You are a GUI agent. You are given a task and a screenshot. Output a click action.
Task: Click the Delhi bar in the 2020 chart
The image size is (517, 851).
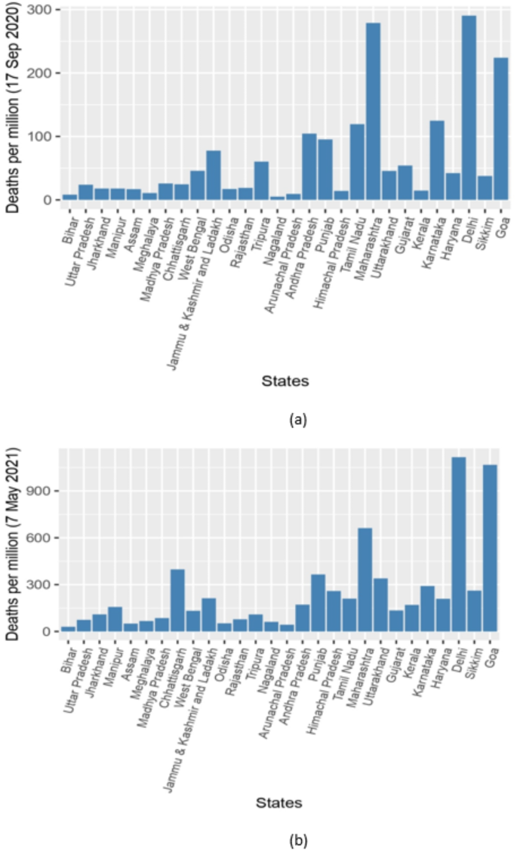pos(469,107)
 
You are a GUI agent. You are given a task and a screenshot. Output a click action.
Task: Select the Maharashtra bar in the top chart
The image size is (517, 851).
pos(374,111)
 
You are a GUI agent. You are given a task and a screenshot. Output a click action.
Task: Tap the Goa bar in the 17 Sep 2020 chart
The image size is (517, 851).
pos(500,128)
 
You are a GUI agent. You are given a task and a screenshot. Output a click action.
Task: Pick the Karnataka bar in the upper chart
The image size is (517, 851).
pos(437,160)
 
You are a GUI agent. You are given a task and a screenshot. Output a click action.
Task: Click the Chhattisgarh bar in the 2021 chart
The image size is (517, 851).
pos(177,600)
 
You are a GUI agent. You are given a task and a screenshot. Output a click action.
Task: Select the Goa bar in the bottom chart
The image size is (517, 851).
pos(490,548)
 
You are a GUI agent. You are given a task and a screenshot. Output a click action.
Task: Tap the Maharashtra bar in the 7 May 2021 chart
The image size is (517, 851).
pos(365,580)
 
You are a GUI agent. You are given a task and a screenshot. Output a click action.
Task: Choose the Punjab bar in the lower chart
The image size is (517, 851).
pos(318,603)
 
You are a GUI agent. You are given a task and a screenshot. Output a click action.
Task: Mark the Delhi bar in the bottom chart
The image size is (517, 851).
pos(459,544)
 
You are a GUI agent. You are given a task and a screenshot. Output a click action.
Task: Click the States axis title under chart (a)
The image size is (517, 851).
pos(285,381)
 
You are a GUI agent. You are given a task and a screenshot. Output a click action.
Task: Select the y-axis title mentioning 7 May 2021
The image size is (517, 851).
pos(12,544)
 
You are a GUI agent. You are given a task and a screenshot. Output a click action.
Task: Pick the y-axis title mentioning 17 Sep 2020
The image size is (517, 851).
pos(12,107)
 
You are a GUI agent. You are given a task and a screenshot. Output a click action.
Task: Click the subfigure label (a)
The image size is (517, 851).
pos(298,420)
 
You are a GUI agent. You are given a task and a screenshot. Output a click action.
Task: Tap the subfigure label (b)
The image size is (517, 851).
pos(298,840)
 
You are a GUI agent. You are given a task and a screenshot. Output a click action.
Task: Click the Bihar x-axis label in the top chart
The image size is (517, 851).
pos(70,229)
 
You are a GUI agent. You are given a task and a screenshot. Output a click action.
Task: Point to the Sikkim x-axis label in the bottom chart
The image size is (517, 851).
pos(472,663)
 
